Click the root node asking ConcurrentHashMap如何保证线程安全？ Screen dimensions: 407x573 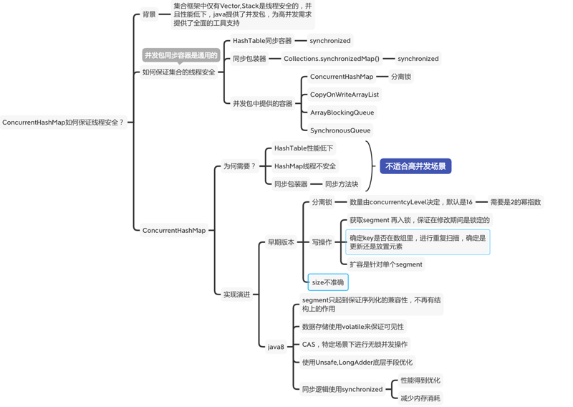(x=63, y=123)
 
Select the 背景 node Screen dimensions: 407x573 (x=149, y=14)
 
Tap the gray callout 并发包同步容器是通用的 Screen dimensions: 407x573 (x=181, y=55)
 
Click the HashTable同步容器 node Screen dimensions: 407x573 (x=261, y=41)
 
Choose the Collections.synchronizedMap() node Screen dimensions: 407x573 (x=332, y=59)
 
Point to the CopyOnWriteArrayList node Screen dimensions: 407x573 (x=345, y=95)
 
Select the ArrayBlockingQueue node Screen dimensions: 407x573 (x=342, y=112)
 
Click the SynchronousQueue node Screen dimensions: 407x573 (x=340, y=130)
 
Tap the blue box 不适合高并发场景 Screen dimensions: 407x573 (x=415, y=166)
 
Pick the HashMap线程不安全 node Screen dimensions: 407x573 (x=305, y=166)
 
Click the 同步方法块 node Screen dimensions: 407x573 (x=342, y=184)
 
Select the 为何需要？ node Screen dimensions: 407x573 (x=239, y=166)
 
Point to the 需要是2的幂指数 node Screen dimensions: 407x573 (x=516, y=202)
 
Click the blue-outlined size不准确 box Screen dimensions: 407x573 (x=328, y=282)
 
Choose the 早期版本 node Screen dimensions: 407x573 (x=281, y=242)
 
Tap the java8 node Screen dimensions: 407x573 (x=276, y=347)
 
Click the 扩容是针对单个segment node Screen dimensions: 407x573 (x=386, y=264)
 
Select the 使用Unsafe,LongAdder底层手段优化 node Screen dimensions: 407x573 (x=357, y=363)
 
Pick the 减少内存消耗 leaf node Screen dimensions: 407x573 (x=420, y=398)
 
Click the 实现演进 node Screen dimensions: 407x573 (x=236, y=295)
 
